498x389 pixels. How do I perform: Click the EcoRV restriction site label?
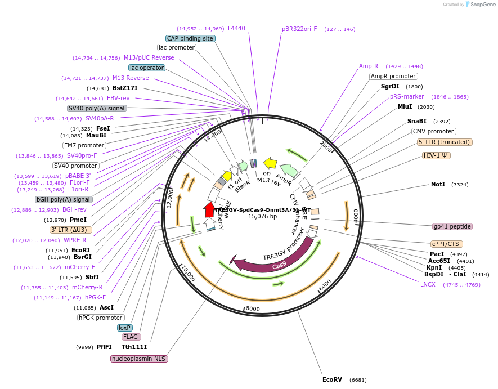332,379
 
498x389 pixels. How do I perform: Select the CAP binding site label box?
190,38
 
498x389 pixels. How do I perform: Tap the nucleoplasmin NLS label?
140,359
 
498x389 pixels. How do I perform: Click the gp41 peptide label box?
452,226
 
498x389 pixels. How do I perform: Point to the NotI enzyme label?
438,184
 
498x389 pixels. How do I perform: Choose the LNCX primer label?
428,284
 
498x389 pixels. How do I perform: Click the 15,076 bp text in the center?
262,216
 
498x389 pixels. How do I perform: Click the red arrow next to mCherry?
209,209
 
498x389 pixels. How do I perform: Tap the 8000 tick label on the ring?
253,308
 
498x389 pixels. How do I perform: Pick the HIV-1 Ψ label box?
437,155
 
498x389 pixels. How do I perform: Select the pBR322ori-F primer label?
299,29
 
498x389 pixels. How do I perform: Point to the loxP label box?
124,328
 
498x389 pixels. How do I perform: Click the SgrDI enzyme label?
390,86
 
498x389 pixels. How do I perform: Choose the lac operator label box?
147,68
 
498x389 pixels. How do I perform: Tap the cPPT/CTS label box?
445,244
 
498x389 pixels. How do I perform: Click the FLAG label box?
131,337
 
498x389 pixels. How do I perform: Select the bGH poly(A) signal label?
64,199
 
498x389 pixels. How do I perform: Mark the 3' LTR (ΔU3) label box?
70,230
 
